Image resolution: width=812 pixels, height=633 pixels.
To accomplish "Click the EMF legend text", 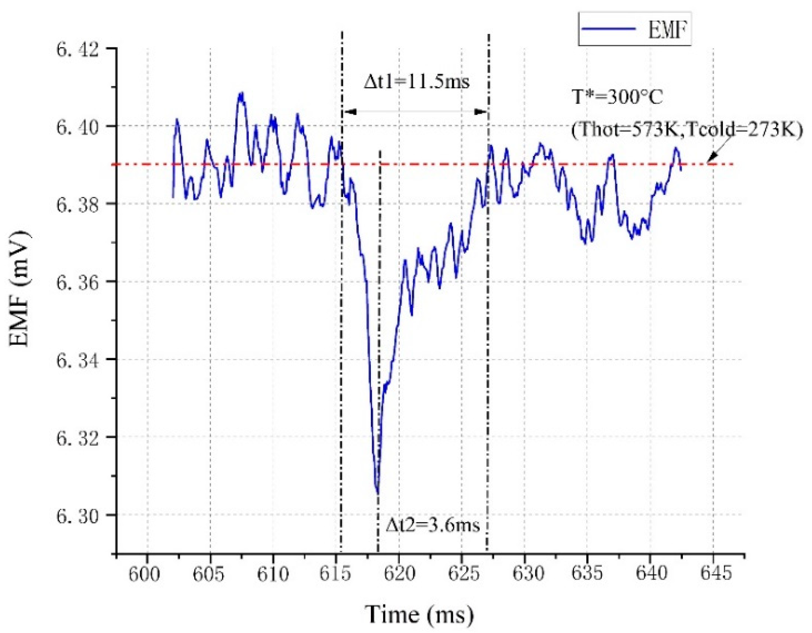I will (x=667, y=29).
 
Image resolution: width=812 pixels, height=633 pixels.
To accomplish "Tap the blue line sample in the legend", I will (x=609, y=29).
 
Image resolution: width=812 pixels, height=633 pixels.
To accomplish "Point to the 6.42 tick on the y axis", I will (x=78, y=49).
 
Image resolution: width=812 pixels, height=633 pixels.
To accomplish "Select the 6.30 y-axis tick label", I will (x=78, y=516).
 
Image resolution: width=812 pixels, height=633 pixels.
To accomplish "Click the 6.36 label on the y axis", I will (x=78, y=283).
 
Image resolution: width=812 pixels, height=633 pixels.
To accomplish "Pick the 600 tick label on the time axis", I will (x=144, y=573).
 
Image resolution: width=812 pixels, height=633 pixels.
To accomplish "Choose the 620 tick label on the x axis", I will (x=399, y=573).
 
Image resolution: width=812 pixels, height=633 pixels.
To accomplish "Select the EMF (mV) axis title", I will (x=19, y=288).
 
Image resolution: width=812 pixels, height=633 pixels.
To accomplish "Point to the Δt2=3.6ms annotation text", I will (x=433, y=524).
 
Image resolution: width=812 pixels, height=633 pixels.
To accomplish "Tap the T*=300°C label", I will (x=617, y=97).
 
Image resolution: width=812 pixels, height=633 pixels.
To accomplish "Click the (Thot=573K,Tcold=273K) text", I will (x=687, y=130).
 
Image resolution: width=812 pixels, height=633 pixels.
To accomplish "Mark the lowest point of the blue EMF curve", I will (x=378, y=493).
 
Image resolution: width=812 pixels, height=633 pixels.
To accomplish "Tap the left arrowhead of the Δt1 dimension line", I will (x=350, y=111).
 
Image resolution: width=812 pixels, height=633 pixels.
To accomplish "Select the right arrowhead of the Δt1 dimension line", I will (x=480, y=111).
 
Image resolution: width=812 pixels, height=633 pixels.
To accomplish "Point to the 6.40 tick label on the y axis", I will (x=78, y=127).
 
